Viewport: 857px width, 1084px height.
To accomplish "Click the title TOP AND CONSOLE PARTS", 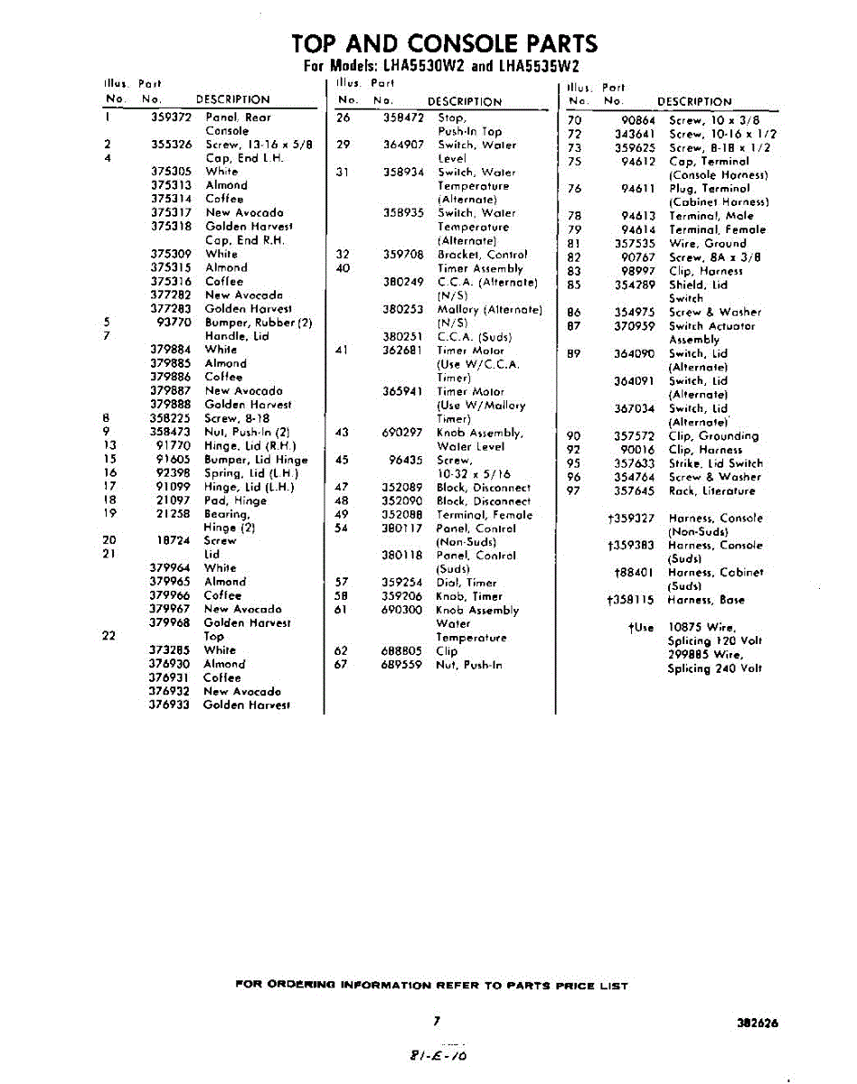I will click(x=445, y=43).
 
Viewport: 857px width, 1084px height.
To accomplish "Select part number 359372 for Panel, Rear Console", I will click(x=172, y=117).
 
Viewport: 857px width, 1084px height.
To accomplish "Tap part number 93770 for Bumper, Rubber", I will click(x=174, y=322).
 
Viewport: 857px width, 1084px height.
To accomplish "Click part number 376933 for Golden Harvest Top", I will click(x=170, y=705).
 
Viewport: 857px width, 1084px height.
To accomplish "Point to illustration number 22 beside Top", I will click(x=109, y=636).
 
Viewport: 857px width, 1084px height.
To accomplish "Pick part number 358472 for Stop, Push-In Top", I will click(x=403, y=117).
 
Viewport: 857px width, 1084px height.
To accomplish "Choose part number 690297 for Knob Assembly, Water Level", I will click(x=403, y=433).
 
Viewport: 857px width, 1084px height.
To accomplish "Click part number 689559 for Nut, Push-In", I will click(x=403, y=664).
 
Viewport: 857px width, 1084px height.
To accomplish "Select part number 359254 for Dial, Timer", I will click(x=403, y=583).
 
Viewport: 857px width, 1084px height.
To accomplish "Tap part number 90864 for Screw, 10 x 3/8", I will click(x=638, y=120).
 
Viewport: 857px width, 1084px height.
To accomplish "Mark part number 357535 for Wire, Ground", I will click(x=635, y=243).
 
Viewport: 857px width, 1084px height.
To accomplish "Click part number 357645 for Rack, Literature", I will click(x=635, y=491).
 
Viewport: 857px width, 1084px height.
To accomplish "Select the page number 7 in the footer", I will click(x=436, y=1021).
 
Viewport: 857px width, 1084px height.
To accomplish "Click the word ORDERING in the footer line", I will click(x=303, y=986).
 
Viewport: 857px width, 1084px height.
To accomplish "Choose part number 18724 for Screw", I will click(x=172, y=541).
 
